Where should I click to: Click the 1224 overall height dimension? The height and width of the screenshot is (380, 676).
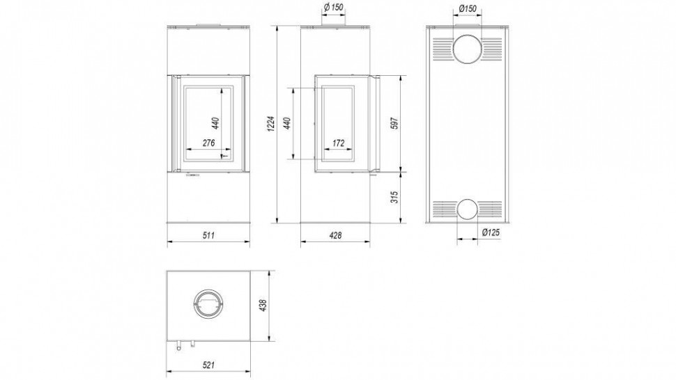(270, 124)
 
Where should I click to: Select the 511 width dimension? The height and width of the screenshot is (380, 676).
(208, 235)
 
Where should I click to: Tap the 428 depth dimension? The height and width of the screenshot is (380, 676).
(335, 235)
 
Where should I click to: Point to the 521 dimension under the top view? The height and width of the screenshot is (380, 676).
(208, 365)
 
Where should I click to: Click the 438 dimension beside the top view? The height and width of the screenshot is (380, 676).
(264, 306)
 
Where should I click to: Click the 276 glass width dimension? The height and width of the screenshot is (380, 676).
(208, 143)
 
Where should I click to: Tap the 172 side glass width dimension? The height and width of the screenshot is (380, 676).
(339, 143)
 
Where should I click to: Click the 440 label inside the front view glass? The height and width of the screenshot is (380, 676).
(216, 123)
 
